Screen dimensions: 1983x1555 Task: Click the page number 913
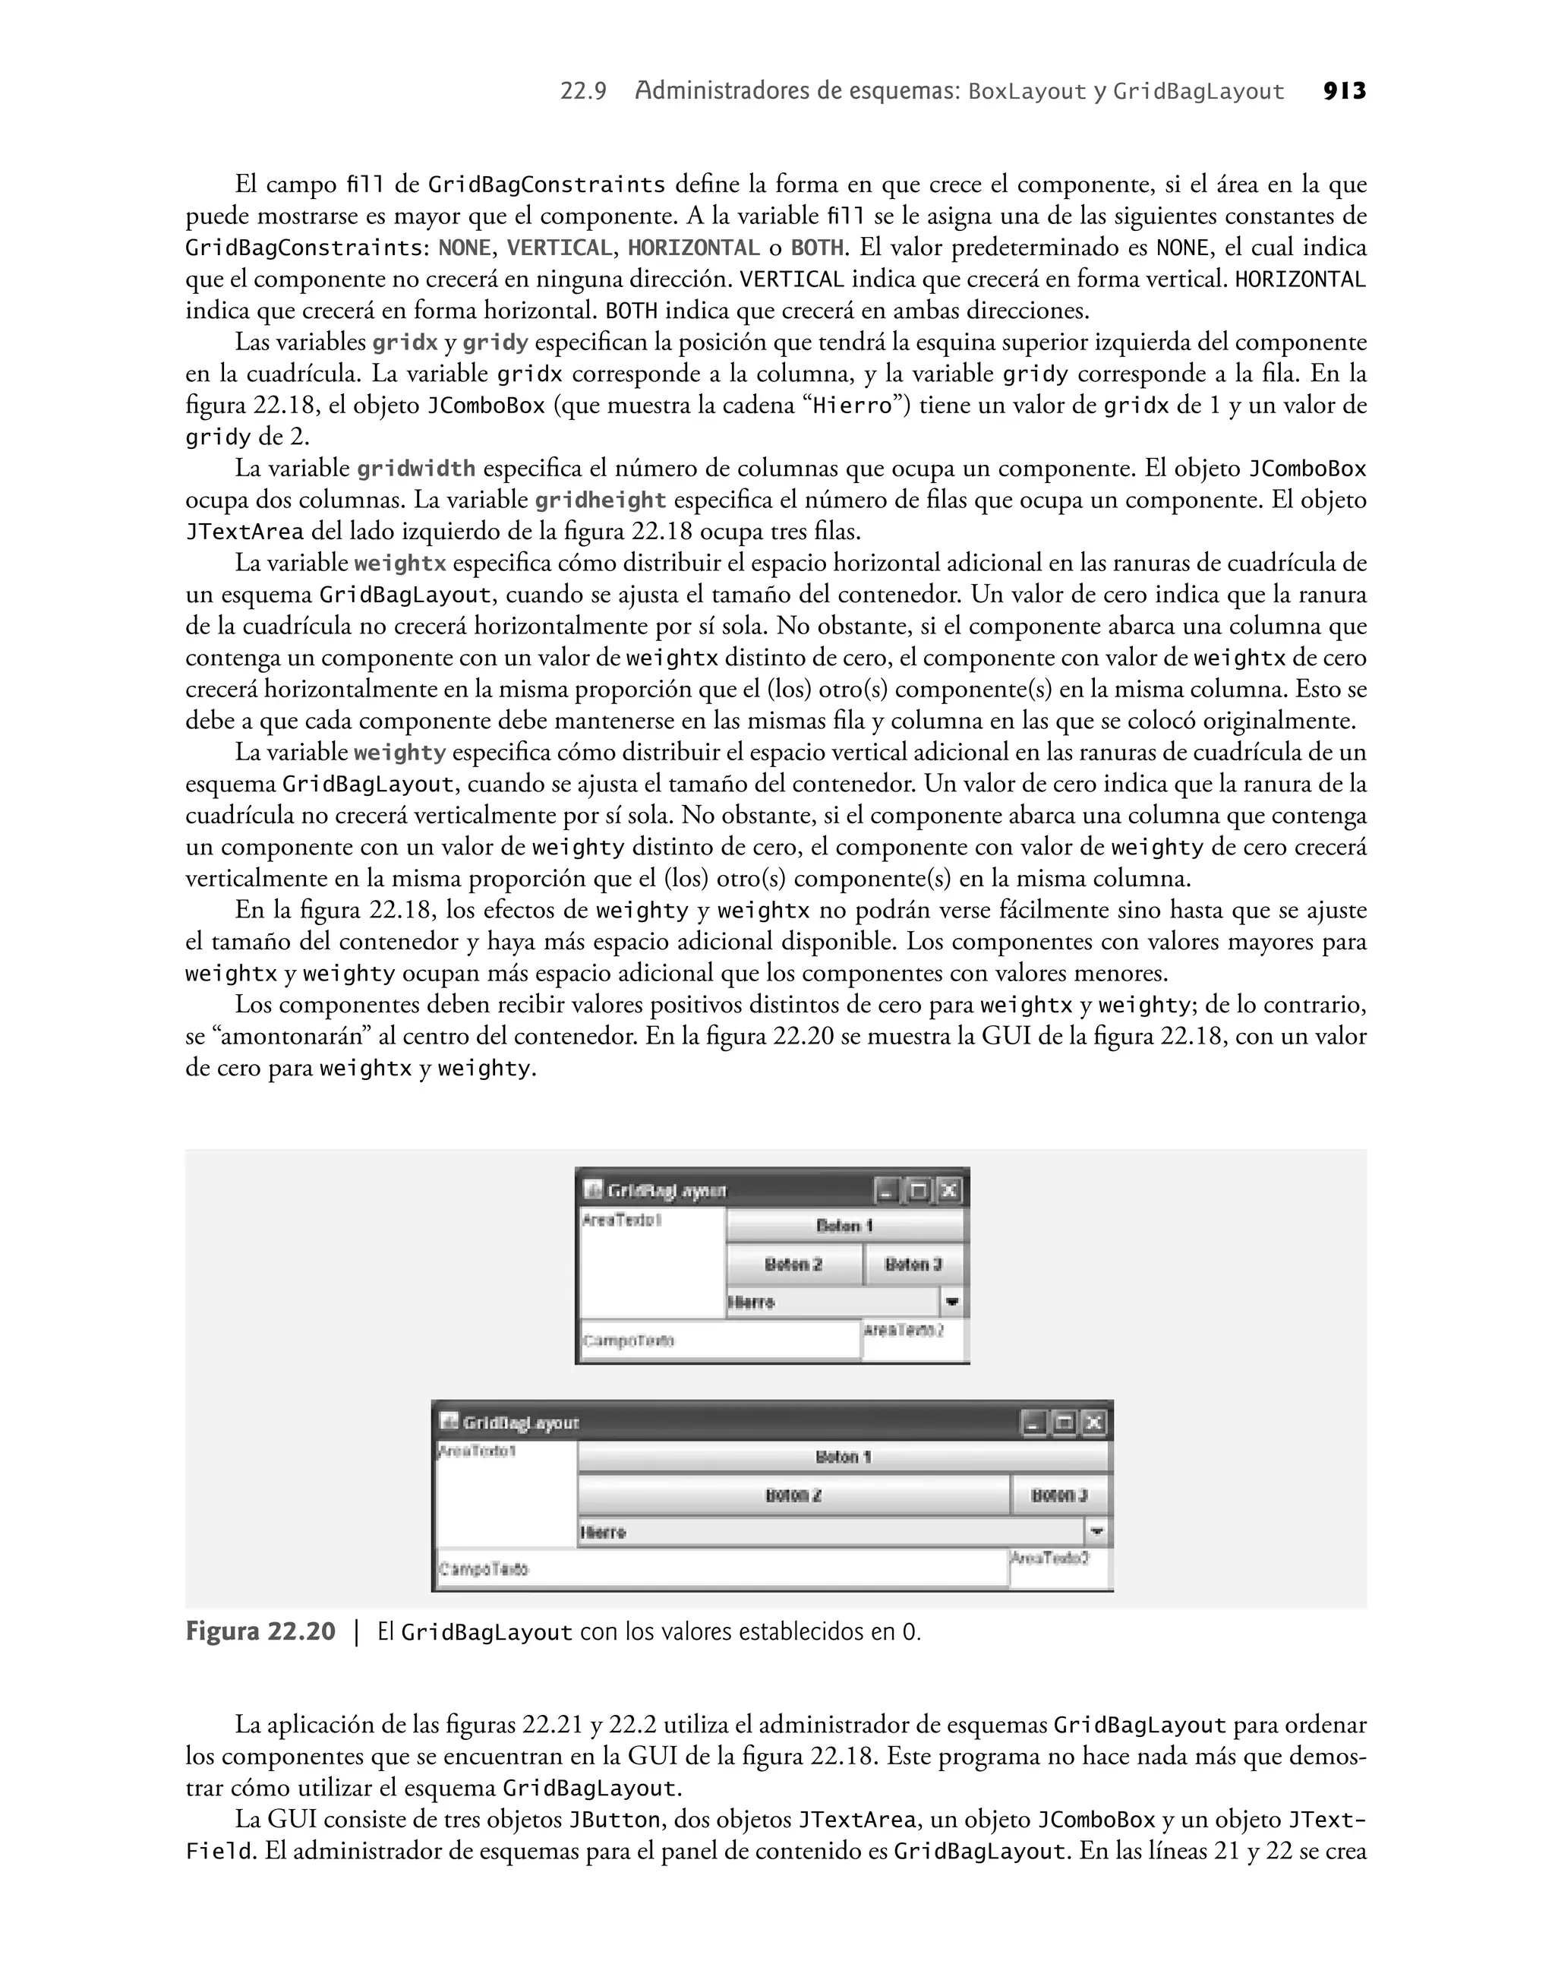(x=1344, y=91)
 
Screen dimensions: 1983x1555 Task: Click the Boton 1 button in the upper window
(x=844, y=1226)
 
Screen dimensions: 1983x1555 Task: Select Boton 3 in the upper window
(x=913, y=1264)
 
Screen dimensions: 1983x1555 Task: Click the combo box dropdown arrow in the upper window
(x=951, y=1302)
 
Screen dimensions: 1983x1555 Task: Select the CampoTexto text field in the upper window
(x=719, y=1340)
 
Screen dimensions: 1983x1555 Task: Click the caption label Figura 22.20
(x=260, y=1632)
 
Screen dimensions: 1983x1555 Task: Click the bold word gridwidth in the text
(x=415, y=469)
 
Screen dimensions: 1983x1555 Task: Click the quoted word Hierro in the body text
(x=851, y=406)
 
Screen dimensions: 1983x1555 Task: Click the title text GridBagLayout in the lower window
(x=521, y=1423)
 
